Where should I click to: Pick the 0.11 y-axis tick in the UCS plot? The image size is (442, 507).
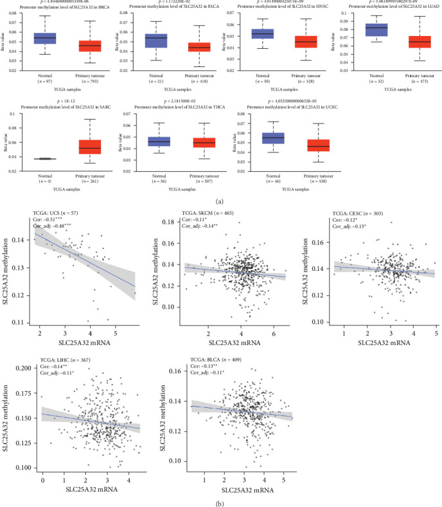23,321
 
